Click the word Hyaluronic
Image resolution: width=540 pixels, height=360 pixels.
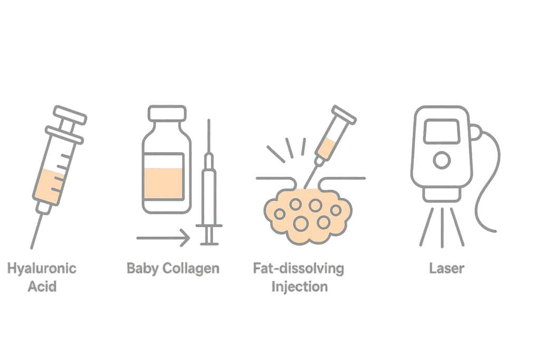[x=42, y=269]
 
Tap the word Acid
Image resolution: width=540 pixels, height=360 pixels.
[x=42, y=286]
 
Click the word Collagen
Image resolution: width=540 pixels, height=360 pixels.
[x=191, y=269]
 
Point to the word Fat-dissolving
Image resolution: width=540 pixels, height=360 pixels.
[x=298, y=269]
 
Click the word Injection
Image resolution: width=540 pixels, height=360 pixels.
[x=300, y=287]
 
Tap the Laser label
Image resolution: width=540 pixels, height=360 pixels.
[x=447, y=268]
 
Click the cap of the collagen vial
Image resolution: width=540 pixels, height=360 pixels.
[x=167, y=113]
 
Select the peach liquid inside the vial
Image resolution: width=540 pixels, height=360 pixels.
[x=163, y=183]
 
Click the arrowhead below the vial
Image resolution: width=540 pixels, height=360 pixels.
[x=186, y=238]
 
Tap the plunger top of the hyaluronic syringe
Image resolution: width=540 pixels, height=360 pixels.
[x=70, y=114]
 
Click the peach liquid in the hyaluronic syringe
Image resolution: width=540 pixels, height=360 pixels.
[x=50, y=186]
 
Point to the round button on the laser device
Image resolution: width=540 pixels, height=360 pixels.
[x=441, y=160]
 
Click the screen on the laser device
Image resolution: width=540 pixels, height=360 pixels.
[x=442, y=131]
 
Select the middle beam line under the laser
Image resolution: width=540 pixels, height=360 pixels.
[x=442, y=228]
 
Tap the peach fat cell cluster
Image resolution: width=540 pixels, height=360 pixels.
[x=307, y=216]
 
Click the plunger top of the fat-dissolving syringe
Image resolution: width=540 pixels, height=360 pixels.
[x=344, y=114]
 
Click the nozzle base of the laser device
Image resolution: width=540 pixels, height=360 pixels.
[x=442, y=195]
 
